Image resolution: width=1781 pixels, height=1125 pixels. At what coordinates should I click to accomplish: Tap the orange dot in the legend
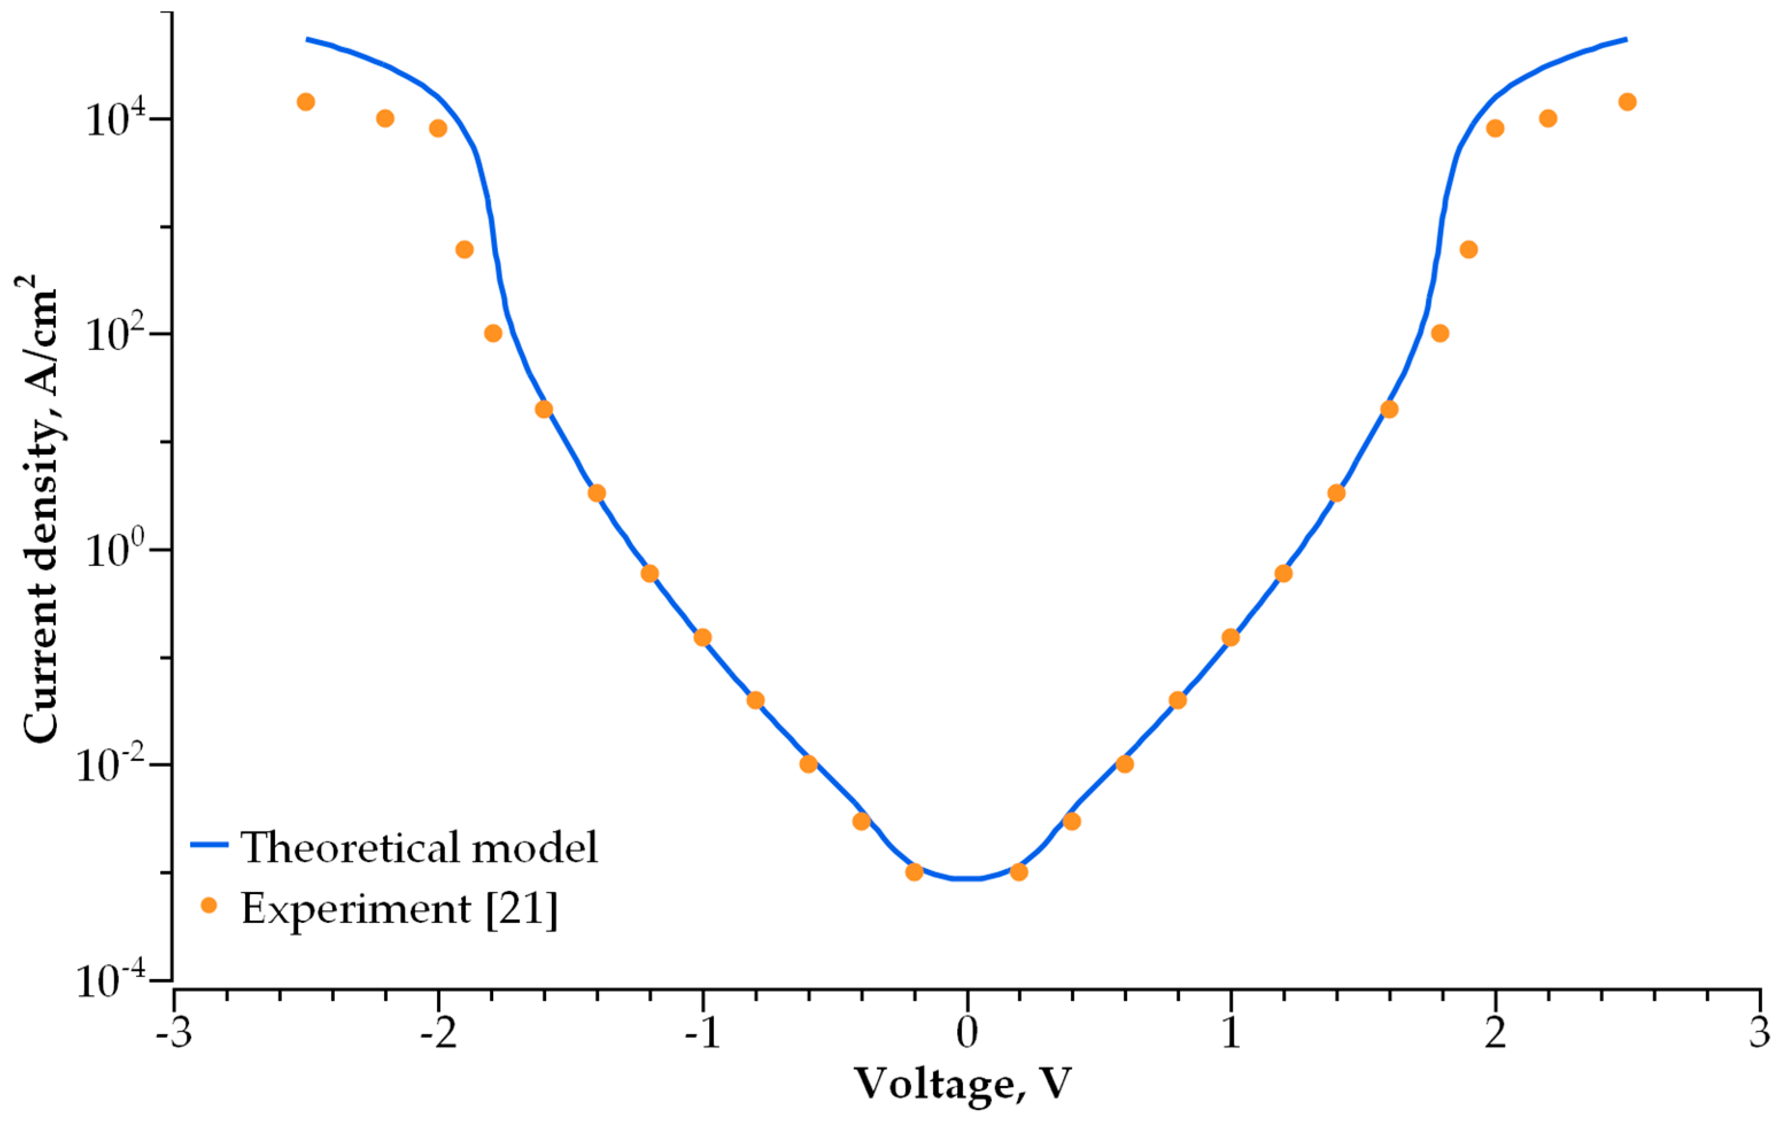coord(210,905)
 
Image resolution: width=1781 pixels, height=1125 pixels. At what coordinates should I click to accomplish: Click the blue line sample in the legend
coord(210,845)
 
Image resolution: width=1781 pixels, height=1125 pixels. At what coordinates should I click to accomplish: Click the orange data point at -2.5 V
coord(305,102)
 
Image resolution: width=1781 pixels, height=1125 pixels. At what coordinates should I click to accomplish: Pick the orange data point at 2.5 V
coord(1627,102)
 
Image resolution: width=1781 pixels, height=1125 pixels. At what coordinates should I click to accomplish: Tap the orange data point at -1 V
coord(703,638)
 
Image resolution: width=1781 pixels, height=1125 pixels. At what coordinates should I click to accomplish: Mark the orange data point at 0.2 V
coord(1019,872)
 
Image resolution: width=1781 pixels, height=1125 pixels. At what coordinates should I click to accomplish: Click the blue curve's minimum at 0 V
coord(967,879)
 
